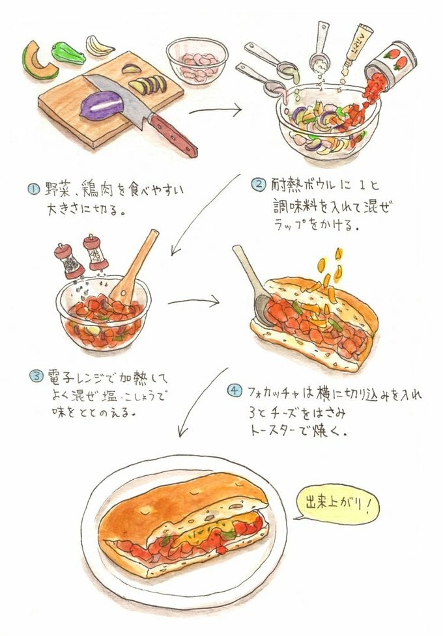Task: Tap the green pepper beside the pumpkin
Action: click(68, 52)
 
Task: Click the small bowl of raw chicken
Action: click(197, 59)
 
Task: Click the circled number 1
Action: click(33, 189)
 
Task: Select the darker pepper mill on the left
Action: click(67, 260)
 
